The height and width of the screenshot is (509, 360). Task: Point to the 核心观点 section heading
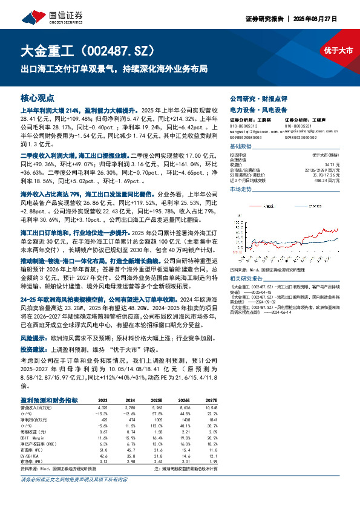[x=38, y=97]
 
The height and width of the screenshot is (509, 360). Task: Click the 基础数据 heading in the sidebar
[x=241, y=147]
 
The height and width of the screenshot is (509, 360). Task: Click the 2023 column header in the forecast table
[x=102, y=400]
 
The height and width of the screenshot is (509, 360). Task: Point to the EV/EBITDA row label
[x=31, y=455]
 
